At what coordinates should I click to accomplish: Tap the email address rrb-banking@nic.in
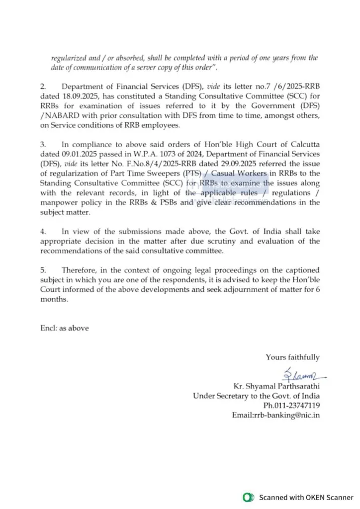[276, 415]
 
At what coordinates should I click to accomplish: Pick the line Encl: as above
[65, 328]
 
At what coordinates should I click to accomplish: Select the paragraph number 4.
[43, 232]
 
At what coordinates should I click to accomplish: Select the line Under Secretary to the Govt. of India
[256, 396]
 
